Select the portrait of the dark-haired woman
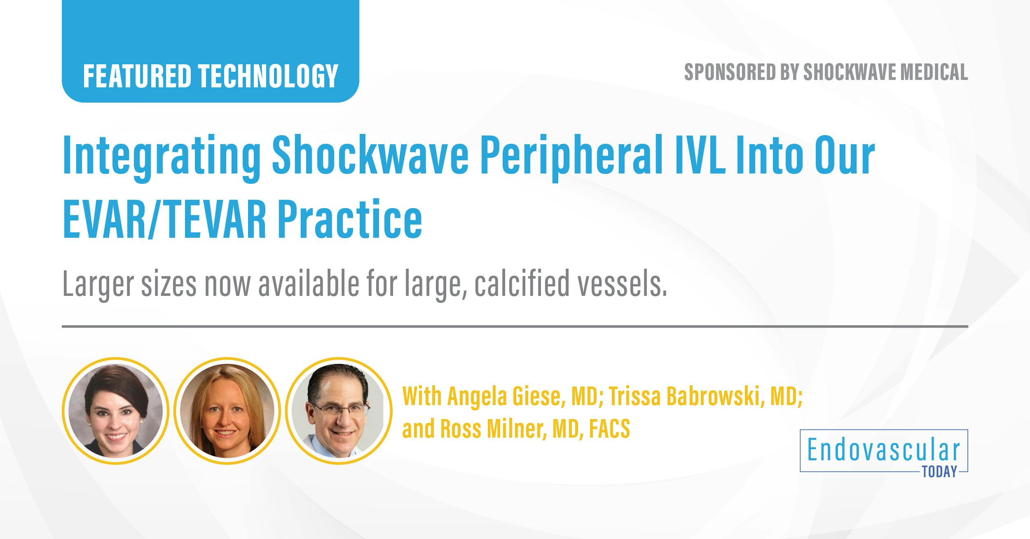pyautogui.click(x=115, y=410)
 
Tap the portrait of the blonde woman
pyautogui.click(x=227, y=410)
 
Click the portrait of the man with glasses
pyautogui.click(x=339, y=410)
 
